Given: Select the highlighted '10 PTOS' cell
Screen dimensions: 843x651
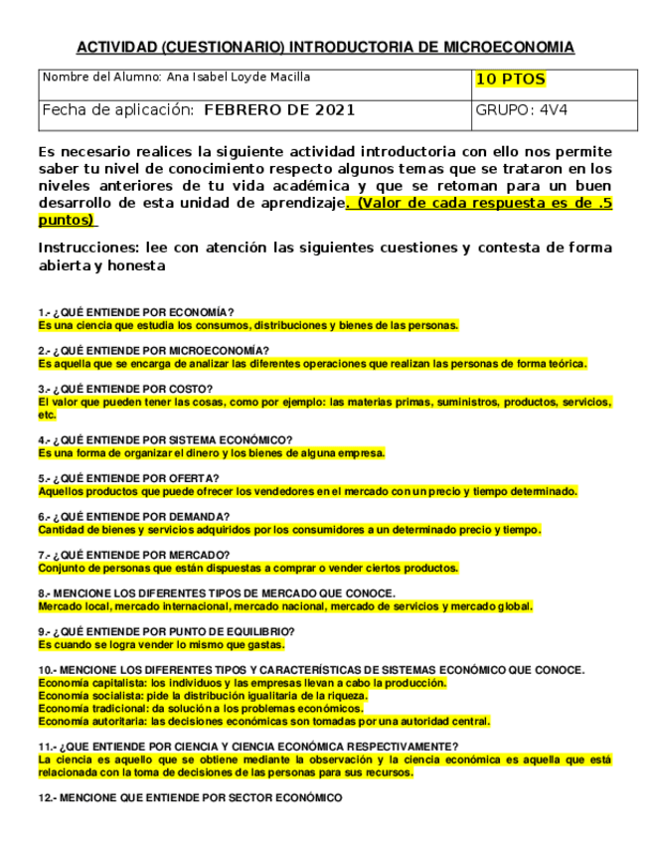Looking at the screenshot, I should [510, 80].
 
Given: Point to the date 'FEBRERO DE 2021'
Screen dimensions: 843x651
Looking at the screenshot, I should [279, 110].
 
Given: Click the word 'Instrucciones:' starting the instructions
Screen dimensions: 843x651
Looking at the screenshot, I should [87, 248].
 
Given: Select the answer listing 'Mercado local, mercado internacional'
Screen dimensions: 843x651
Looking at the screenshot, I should [285, 606].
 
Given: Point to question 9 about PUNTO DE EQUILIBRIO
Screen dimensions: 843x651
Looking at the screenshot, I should [166, 631].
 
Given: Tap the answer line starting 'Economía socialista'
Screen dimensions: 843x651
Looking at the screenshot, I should [202, 696].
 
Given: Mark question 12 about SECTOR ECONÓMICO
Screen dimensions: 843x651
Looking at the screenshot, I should [190, 798].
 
